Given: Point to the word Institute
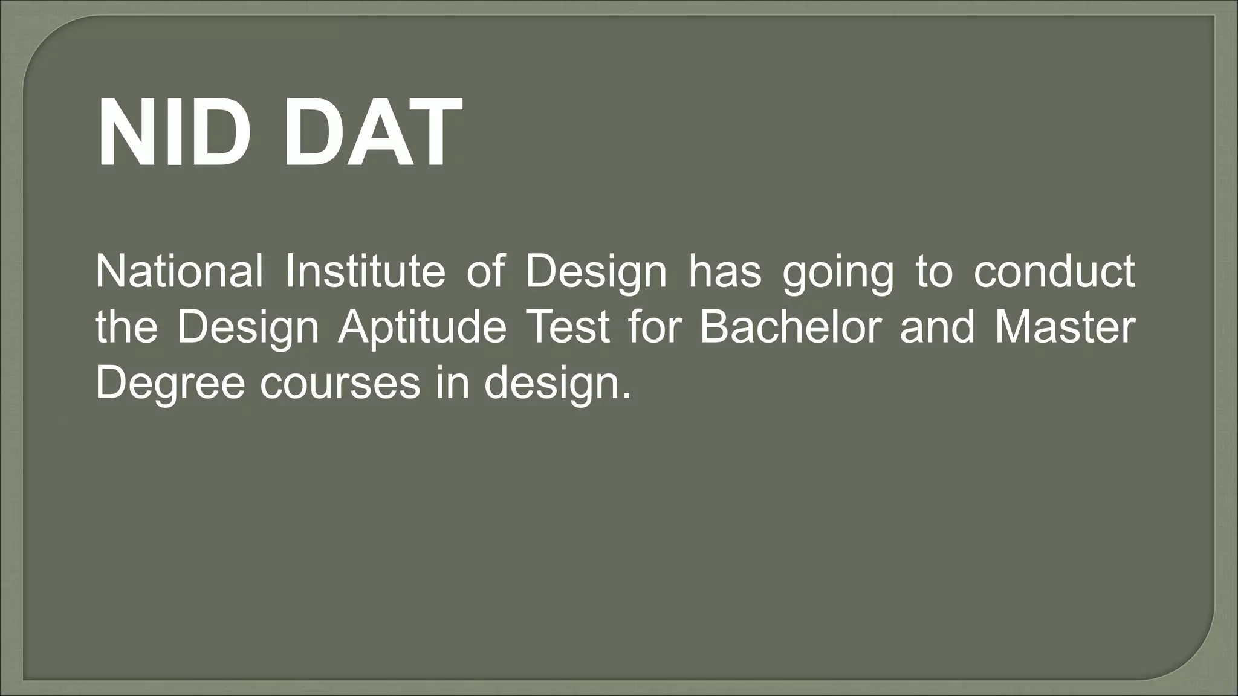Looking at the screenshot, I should [x=365, y=271].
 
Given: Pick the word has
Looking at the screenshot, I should [x=725, y=271].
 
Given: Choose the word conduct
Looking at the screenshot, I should [x=1054, y=271].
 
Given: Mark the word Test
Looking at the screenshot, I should [x=568, y=327].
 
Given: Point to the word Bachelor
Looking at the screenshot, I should [x=790, y=327].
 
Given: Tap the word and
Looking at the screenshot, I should [x=937, y=327].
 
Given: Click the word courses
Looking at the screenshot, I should [x=340, y=384].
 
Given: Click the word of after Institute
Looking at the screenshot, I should [x=485, y=271].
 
